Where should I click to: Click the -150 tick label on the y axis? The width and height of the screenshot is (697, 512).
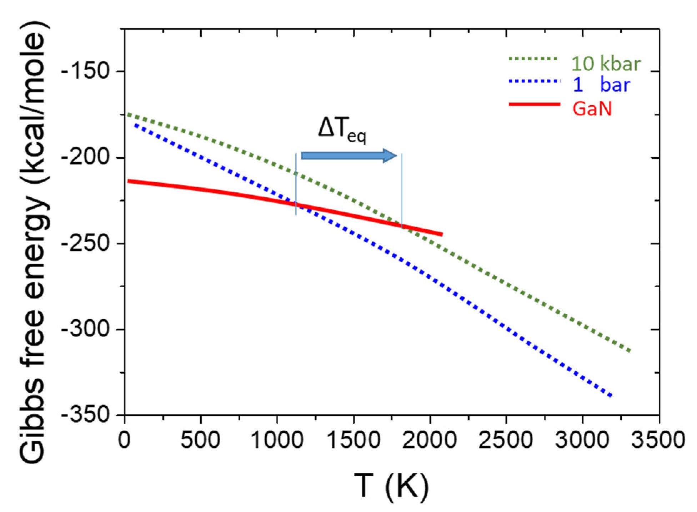[85, 71]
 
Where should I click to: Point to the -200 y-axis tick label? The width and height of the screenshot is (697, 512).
[85, 157]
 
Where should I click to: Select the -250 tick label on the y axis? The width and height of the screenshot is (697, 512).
[85, 243]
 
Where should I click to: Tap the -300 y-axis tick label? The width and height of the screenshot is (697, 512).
[85, 329]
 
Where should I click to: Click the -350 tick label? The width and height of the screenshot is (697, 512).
[85, 415]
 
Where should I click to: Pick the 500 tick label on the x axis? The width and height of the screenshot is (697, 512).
[200, 440]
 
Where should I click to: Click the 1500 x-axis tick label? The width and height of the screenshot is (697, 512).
[353, 440]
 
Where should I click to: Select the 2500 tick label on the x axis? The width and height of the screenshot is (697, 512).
[506, 440]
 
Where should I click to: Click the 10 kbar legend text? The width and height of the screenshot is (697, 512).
[606, 64]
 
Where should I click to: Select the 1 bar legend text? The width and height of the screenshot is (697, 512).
[602, 85]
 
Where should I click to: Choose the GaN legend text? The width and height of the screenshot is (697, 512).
[592, 108]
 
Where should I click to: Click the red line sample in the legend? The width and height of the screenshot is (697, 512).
[535, 104]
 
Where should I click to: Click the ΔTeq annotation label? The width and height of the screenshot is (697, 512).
[342, 130]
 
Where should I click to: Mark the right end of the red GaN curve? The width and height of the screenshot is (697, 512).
[442, 234]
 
